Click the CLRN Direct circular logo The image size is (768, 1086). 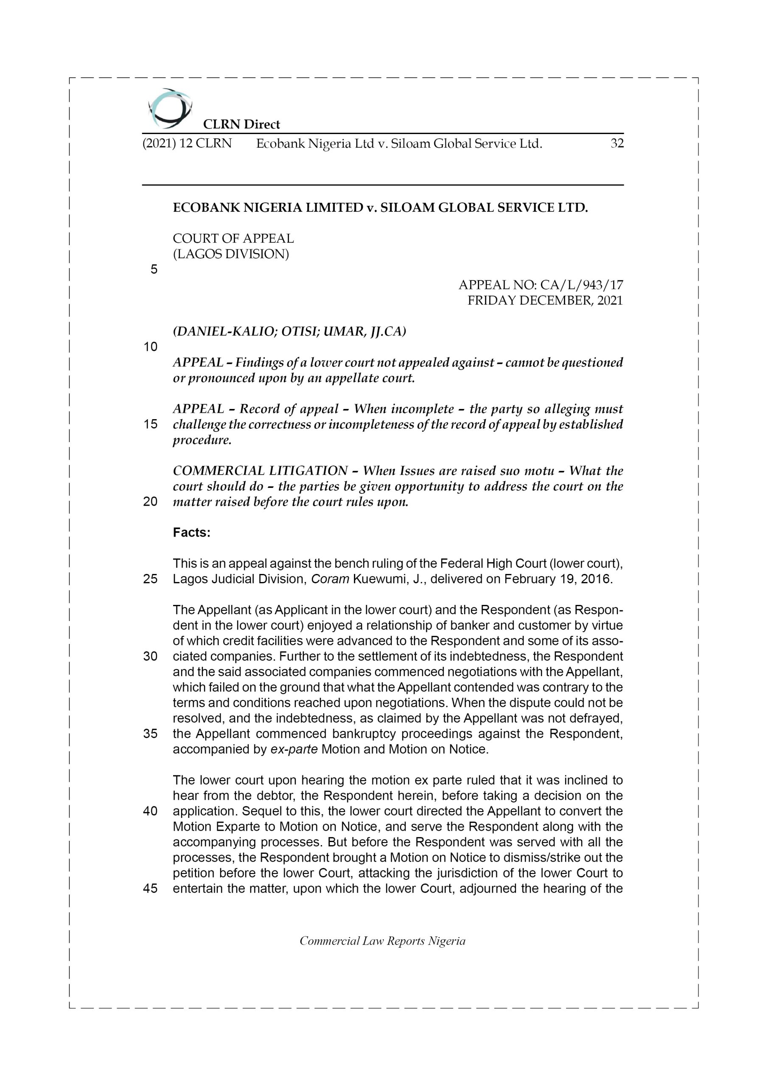pos(170,108)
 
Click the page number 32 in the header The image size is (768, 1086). pos(617,143)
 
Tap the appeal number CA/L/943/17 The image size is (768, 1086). pos(582,285)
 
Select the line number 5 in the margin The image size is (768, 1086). pos(154,270)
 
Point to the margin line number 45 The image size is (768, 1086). pos(150,889)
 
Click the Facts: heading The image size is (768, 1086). pos(191,532)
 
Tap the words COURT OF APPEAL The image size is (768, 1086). pos(233,238)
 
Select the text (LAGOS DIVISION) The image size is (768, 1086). pos(230,254)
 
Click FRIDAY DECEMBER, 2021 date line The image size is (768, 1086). pos(545,300)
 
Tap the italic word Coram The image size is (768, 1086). pos(330,579)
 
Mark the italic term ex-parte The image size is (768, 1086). pos(293,749)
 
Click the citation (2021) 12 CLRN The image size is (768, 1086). pos(187,143)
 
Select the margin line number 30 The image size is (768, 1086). pos(150,657)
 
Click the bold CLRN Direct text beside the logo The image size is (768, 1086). pos(241,124)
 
